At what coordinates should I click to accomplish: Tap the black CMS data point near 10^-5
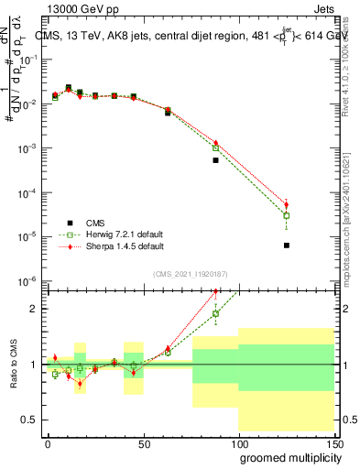[287, 245]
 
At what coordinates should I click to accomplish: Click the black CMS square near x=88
[216, 160]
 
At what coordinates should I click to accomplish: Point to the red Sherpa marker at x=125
[287, 205]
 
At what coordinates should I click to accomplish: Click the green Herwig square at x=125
[287, 216]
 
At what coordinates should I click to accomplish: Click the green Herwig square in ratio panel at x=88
[216, 313]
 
